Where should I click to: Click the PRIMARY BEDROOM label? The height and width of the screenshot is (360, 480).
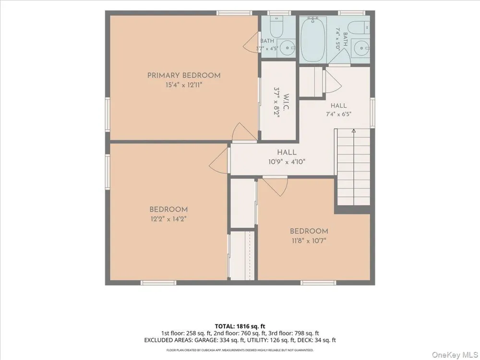click(x=184, y=75)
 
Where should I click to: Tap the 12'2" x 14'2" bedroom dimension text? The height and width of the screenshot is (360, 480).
click(x=168, y=219)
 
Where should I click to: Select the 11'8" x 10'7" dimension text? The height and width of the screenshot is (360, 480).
click(x=309, y=240)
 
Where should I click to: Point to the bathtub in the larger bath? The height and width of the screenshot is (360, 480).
click(x=313, y=39)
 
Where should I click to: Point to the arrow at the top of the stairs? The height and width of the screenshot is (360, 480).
click(x=354, y=131)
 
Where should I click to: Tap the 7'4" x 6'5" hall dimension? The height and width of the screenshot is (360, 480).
click(x=338, y=114)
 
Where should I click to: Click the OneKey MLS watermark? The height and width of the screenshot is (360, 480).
click(x=454, y=355)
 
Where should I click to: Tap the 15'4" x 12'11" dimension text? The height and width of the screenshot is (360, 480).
click(x=184, y=85)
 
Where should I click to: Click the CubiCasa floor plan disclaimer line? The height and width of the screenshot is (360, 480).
click(x=240, y=350)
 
